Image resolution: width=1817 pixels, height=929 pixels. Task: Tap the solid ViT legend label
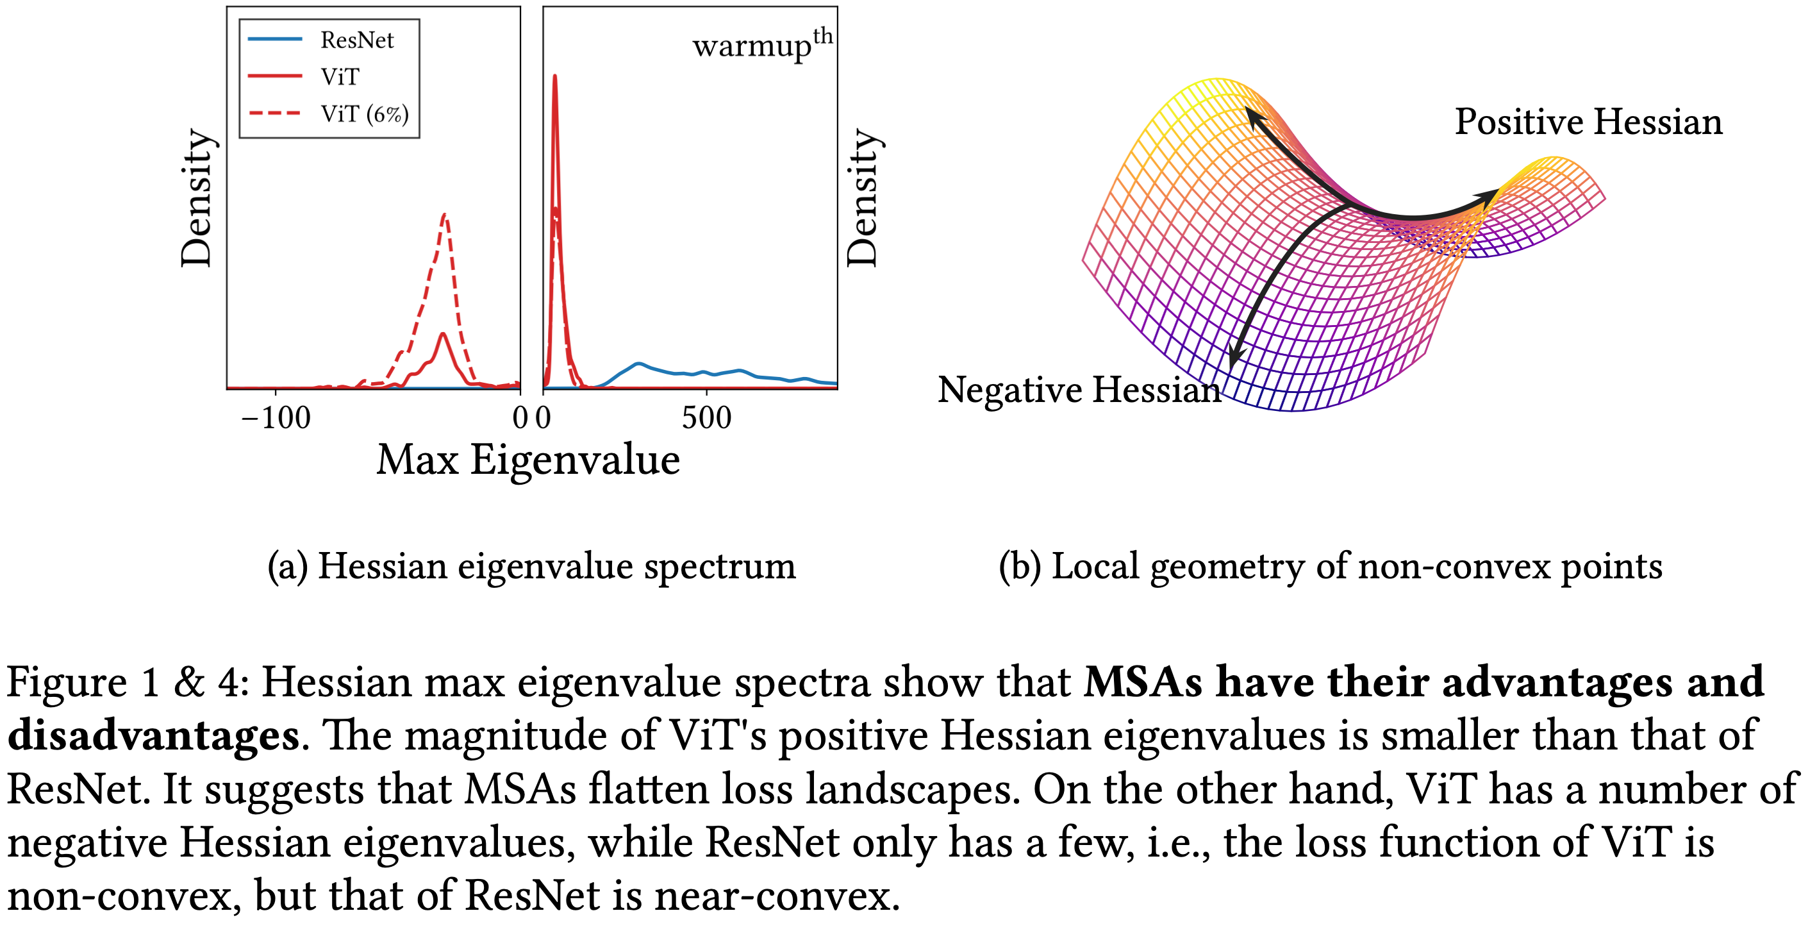[340, 77]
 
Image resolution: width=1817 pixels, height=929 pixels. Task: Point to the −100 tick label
[276, 418]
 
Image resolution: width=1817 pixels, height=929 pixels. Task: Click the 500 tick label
[706, 418]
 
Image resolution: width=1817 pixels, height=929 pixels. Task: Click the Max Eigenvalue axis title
[527, 460]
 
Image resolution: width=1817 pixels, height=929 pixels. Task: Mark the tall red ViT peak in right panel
[555, 78]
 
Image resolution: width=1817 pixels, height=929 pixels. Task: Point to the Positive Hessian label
[1588, 122]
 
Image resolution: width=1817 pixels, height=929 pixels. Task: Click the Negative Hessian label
[1079, 390]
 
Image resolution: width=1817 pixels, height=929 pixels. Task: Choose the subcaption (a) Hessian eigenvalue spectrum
[532, 566]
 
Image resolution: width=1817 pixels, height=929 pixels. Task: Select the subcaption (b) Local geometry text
[1331, 566]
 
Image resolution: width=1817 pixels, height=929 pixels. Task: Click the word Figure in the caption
[67, 683]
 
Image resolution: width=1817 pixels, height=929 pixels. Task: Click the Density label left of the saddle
[862, 198]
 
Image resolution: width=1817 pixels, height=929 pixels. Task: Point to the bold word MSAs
[1143, 683]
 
